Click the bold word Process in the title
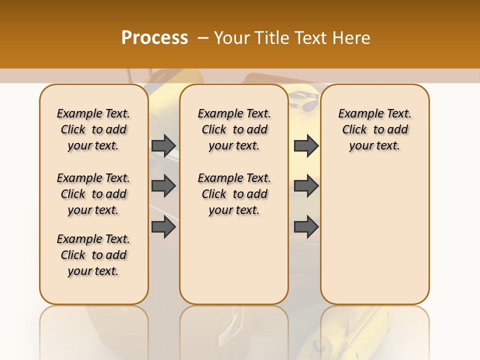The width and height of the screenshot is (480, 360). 154,38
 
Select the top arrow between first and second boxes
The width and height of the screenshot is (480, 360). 163,145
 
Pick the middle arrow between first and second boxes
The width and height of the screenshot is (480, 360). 163,186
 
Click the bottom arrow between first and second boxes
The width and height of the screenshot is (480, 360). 163,227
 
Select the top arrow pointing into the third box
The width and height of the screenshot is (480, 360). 306,145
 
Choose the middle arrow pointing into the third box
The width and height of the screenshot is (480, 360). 306,186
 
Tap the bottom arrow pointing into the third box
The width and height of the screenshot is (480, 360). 306,227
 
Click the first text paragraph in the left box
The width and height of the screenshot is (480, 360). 93,129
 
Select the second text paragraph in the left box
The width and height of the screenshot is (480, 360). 93,194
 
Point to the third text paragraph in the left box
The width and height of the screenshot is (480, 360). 93,255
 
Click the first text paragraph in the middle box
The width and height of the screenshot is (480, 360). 234,129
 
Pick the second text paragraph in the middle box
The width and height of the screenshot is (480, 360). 234,194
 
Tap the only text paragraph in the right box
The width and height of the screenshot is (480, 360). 374,129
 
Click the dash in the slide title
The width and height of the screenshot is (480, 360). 203,38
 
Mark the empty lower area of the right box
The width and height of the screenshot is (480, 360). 374,235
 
